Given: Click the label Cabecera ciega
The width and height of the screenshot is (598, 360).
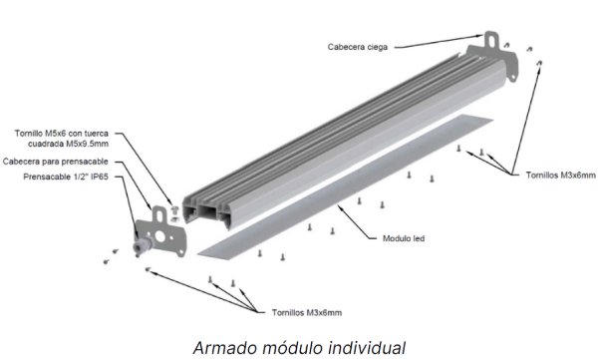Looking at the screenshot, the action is pos(358,47).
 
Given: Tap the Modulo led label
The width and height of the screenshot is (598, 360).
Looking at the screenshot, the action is pos(404,238).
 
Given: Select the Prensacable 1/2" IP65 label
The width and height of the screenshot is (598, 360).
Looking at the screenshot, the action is pos(66,177).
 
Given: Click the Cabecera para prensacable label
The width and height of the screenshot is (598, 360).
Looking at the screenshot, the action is pos(55,162).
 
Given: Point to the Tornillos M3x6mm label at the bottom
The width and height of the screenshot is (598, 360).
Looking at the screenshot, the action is pos(307,313).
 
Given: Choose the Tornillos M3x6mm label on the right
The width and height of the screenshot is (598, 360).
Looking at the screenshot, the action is pos(560,176).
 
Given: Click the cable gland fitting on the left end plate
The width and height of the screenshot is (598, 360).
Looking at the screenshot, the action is pos(142,244).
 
